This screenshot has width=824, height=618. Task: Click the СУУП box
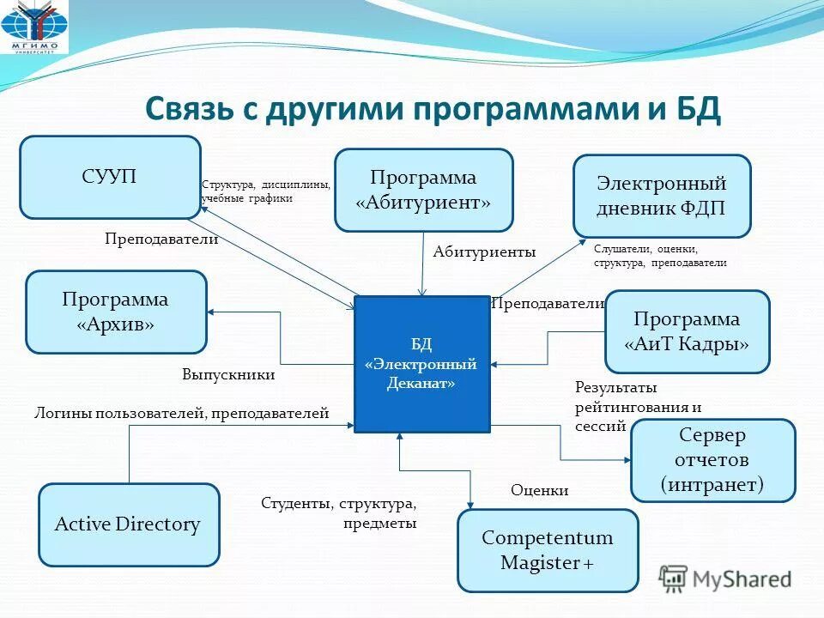(110, 177)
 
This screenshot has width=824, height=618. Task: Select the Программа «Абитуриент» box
(423, 191)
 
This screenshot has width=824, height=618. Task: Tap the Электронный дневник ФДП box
(662, 196)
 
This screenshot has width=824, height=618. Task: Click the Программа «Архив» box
(116, 312)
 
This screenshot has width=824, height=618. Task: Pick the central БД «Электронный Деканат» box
(421, 364)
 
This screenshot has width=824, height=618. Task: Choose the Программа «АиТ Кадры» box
(687, 331)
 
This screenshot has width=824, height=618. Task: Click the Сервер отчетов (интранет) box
(712, 460)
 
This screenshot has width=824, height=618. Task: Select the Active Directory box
(129, 524)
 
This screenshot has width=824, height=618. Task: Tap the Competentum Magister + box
(548, 550)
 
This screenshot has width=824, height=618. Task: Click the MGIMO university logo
(36, 29)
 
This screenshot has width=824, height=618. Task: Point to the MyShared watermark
(725, 579)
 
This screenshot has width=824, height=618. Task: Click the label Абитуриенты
(484, 251)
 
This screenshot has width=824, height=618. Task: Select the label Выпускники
(228, 375)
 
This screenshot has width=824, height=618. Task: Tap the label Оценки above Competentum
(540, 490)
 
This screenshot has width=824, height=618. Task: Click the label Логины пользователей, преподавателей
(181, 414)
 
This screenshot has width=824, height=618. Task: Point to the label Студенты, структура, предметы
(339, 513)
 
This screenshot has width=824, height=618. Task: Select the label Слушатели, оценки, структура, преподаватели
(659, 256)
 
